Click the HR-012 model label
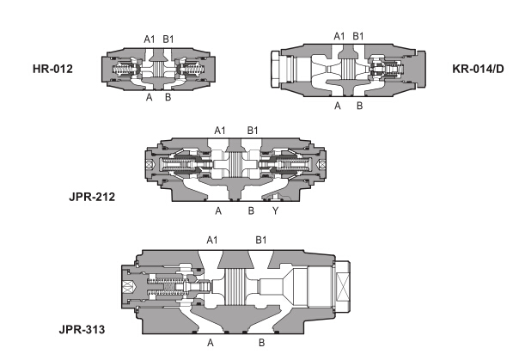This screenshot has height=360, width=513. tap(52, 69)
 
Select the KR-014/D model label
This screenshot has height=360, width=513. tap(478, 69)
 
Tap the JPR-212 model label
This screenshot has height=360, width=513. tap(92, 197)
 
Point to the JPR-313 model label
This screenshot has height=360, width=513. tap(82, 329)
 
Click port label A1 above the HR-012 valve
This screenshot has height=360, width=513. tap(150, 40)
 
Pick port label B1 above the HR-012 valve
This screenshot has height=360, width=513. tap(168, 40)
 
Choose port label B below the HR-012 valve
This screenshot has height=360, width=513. tap(168, 97)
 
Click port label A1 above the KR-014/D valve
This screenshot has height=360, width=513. tap(339, 36)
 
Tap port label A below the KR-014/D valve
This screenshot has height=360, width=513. tap(338, 106)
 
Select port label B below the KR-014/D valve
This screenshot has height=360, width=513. tap(359, 106)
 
